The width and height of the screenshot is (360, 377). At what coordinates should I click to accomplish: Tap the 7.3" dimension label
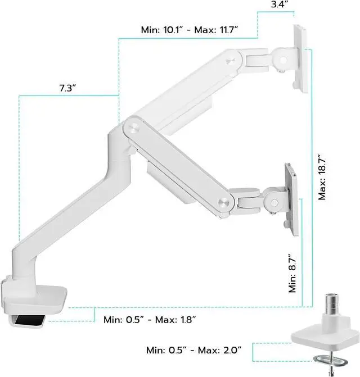coord(67,88)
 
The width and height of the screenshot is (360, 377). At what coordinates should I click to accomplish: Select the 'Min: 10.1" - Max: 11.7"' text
coord(190,30)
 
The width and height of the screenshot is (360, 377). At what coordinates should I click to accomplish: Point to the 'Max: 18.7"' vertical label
coord(322,177)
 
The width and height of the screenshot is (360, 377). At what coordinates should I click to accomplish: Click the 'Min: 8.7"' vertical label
coord(292,273)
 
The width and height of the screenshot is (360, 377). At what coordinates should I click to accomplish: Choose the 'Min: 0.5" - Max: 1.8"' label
coord(150,320)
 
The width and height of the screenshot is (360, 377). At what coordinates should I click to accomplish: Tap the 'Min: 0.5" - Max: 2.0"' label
coord(193,350)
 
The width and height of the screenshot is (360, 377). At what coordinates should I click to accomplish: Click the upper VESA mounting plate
coord(301,59)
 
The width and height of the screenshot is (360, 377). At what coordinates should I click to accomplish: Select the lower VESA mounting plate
coord(292,199)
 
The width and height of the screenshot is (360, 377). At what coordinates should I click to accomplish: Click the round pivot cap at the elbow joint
coord(134,127)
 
